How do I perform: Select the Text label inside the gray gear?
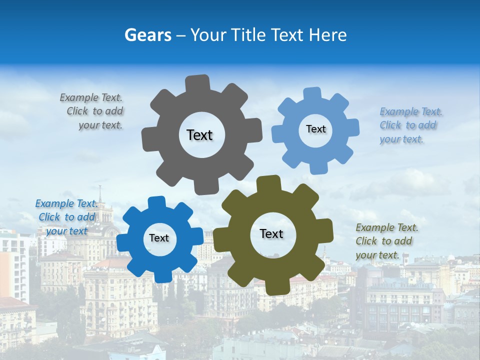pyautogui.click(x=199, y=135)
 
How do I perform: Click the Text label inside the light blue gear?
pyautogui.click(x=315, y=129)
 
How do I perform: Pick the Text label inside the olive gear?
pyautogui.click(x=271, y=233)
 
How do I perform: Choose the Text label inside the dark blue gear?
pyautogui.click(x=159, y=238)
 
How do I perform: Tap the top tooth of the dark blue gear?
pyautogui.click(x=156, y=203)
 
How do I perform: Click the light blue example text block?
pyautogui.click(x=410, y=125)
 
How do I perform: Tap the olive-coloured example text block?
pyautogui.click(x=386, y=241)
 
